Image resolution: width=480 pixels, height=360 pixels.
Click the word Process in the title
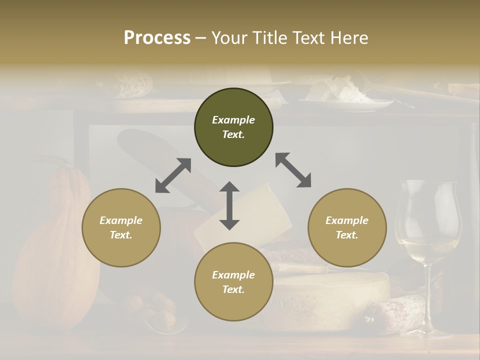tap(157, 38)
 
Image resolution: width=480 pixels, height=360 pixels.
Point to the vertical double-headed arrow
tap(229, 205)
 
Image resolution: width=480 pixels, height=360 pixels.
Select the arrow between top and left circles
tap(173, 175)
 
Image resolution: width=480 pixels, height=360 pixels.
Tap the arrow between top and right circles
tap(293, 170)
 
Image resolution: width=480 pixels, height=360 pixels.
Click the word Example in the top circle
tap(233, 120)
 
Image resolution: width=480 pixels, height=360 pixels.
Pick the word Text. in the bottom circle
tap(233, 289)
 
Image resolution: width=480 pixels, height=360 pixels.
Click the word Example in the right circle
tap(347, 220)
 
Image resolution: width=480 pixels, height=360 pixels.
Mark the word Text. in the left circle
tap(121, 235)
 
